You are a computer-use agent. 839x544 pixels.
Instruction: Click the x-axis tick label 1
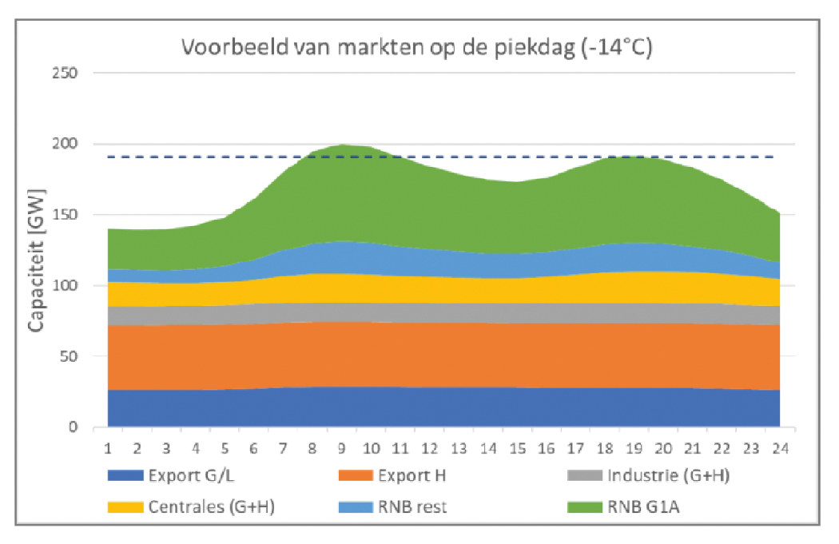point(109,448)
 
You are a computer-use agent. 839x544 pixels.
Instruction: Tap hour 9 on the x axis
point(342,448)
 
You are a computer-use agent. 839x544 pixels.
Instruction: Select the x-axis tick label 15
point(517,448)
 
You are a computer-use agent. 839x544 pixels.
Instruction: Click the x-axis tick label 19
point(634,448)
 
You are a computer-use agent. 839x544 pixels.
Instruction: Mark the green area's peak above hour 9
point(342,145)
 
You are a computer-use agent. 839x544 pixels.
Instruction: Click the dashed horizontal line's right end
point(773,157)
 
